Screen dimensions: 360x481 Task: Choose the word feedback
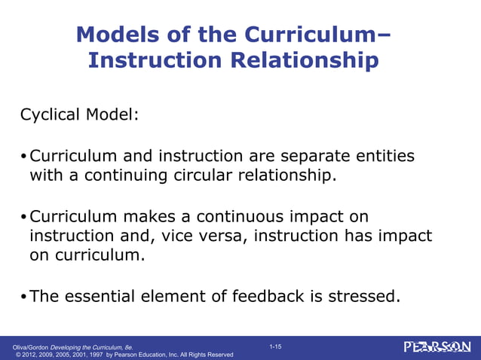[264, 296]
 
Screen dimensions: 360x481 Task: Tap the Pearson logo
[437, 347]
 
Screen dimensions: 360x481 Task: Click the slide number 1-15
[275, 346]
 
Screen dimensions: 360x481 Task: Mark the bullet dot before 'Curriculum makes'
[23, 218]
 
